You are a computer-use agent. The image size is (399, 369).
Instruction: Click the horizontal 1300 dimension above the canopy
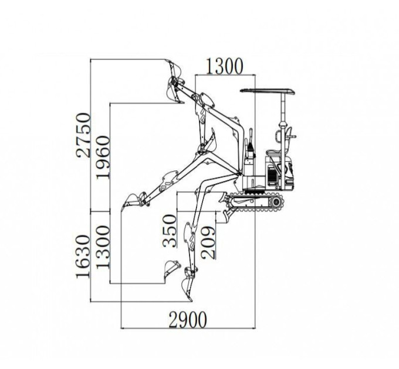tap(224, 66)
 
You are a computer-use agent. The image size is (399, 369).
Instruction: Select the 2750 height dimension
tap(83, 135)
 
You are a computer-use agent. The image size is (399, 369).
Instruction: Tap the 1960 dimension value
tap(103, 157)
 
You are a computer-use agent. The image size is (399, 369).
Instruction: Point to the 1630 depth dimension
tap(83, 257)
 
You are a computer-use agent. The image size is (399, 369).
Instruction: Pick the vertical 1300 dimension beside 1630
tap(103, 247)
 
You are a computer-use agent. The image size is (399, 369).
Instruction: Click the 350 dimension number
tap(170, 231)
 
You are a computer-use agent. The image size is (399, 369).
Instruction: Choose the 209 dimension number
tap(208, 242)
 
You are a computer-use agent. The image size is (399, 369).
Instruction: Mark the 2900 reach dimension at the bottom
tap(188, 320)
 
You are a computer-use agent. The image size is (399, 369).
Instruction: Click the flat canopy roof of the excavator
tap(267, 91)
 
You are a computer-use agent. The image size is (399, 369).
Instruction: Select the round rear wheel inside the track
tap(276, 202)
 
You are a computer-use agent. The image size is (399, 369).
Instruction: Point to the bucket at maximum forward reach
tap(130, 201)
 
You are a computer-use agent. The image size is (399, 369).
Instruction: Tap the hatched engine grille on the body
tap(272, 176)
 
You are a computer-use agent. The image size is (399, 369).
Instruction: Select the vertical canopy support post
tap(283, 142)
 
